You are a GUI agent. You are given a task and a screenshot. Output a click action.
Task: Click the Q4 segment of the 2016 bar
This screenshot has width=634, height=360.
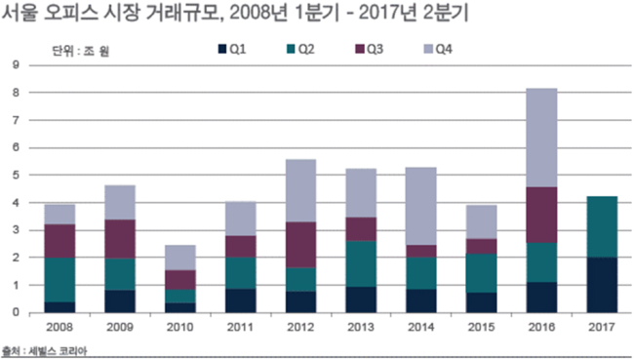pos(541,138)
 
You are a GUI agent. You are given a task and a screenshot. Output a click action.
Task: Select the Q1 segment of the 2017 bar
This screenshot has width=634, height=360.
pos(602,285)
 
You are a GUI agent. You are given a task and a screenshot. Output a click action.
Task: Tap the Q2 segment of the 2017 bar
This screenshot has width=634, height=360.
pos(602,227)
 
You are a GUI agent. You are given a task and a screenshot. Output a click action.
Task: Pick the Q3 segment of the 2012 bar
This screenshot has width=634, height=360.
pos(300,245)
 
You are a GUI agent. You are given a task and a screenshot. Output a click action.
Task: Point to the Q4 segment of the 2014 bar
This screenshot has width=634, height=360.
pos(421,206)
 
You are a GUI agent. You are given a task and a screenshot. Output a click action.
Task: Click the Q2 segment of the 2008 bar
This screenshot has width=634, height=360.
pos(59,280)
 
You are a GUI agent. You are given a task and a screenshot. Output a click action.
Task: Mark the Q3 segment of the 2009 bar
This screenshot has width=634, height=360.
pos(120,239)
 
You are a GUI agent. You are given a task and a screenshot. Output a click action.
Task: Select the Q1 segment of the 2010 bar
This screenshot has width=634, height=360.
pos(179,307)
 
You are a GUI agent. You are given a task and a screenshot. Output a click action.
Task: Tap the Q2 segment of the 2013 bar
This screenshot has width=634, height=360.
pos(361,263)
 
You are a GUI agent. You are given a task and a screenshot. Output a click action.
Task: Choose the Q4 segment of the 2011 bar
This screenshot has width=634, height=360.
pos(240,219)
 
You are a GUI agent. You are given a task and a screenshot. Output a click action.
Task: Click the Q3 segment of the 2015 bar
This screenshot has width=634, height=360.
pos(481,246)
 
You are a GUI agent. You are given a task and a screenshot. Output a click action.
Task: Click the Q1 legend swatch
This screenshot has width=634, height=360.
pos(222,50)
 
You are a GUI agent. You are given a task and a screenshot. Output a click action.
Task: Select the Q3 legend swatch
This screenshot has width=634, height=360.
pos(360,50)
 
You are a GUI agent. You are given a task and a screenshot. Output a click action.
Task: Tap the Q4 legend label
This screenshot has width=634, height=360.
pos(444,50)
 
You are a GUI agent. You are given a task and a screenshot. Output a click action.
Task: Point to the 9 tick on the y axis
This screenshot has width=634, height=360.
pos(16,64)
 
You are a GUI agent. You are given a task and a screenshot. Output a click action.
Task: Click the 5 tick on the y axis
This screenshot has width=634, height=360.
pos(16,175)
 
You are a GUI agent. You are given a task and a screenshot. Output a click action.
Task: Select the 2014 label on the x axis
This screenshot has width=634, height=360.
pos(421,327)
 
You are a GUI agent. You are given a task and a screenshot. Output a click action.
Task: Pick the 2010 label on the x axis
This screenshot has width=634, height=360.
pos(179,327)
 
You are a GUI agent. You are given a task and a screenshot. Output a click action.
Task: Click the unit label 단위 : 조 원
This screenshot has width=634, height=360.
pos(80,51)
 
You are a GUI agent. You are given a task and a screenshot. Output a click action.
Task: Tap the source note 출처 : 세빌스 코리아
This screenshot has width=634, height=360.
pos(45,350)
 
